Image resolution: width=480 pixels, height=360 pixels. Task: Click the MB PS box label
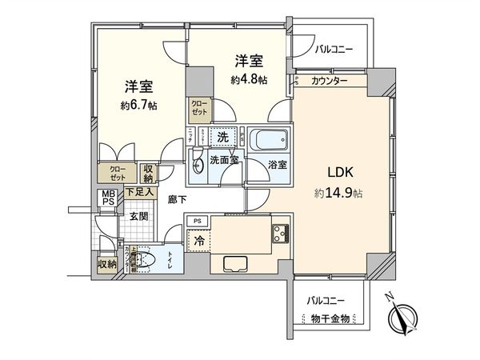(106, 198)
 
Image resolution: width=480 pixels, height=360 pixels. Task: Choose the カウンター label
(330, 81)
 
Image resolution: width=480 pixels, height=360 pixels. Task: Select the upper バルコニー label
(334, 49)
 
